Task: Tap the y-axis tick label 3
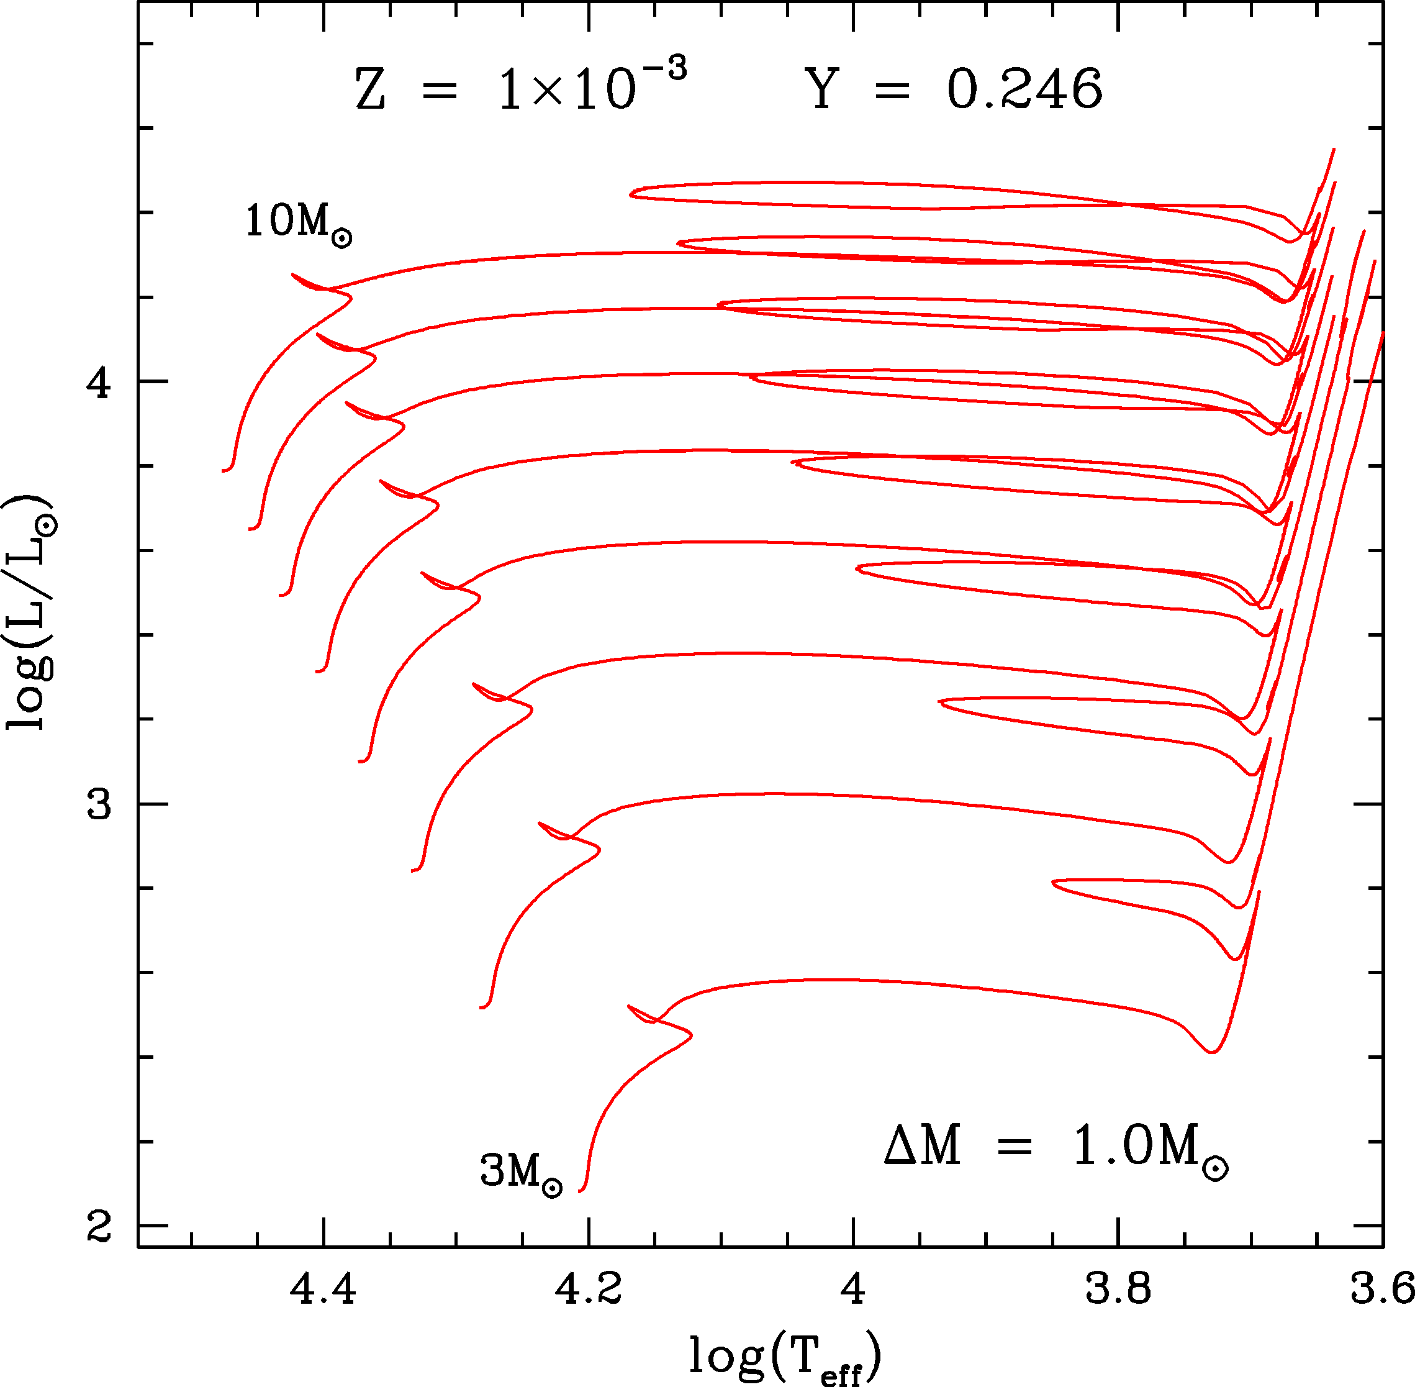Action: [98, 804]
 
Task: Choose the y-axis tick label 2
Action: [98, 1227]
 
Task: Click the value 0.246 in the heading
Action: [1024, 90]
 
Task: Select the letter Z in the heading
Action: [370, 90]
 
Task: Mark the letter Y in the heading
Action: [823, 90]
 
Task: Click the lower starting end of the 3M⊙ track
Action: [581, 1191]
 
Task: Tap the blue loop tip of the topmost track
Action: [631, 194]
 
